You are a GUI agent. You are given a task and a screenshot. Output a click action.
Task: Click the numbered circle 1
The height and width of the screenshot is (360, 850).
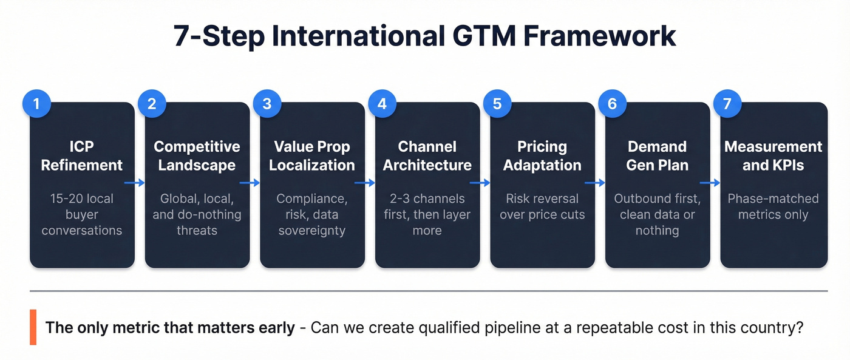[x=36, y=103]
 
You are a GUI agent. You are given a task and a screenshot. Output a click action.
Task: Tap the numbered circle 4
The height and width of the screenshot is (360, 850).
[x=382, y=103]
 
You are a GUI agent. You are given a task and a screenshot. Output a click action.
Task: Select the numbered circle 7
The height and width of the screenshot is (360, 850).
[x=727, y=103]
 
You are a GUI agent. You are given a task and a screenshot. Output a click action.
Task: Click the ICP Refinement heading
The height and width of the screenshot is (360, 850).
[x=82, y=155]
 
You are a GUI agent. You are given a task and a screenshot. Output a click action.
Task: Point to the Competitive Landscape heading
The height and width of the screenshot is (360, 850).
[x=197, y=155]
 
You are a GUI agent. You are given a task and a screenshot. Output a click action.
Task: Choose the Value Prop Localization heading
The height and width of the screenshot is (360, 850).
[x=312, y=155]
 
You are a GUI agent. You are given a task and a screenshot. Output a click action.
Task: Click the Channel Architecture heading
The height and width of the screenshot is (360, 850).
[x=427, y=155]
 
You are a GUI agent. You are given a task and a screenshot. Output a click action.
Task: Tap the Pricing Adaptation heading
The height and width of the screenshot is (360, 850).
[x=542, y=155]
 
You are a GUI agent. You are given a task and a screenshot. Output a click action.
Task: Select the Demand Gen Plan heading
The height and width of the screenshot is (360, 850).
[x=657, y=155]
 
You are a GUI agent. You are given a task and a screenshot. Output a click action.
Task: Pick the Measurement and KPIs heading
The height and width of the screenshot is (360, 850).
[x=773, y=155]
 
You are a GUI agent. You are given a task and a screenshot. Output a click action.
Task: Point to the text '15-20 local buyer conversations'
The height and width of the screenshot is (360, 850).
[x=82, y=214]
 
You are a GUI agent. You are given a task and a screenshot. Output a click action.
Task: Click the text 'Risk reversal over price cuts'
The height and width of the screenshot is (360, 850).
[x=542, y=206]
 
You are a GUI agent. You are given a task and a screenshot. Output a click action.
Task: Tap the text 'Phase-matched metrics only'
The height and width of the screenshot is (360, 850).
[x=773, y=206]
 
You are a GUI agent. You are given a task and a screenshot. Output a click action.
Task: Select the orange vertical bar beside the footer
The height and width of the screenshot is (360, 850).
[x=33, y=327]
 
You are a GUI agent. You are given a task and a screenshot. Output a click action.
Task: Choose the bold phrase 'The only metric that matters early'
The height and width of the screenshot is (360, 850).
[x=170, y=328]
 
